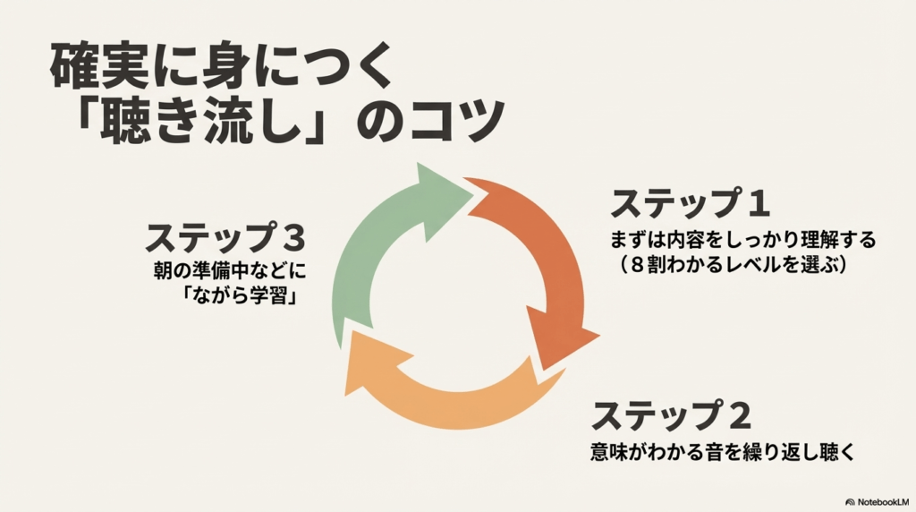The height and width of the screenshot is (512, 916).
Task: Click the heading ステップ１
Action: point(690,205)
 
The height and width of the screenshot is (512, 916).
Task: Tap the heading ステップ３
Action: point(226,238)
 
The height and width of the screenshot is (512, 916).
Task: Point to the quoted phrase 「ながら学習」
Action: point(238,296)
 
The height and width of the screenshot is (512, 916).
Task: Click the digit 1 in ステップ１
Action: point(758,205)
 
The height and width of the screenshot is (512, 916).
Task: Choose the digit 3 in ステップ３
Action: point(293,238)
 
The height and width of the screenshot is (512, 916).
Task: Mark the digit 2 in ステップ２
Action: point(738,416)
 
